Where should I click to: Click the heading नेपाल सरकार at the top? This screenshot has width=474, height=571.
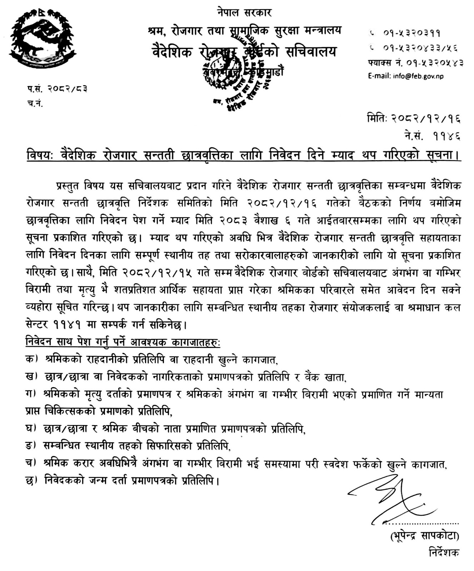[244, 13]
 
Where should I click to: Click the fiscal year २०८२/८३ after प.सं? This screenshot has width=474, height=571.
[68, 89]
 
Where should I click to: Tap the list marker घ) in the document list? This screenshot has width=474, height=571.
[31, 429]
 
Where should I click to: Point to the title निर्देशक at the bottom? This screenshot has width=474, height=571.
[444, 552]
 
